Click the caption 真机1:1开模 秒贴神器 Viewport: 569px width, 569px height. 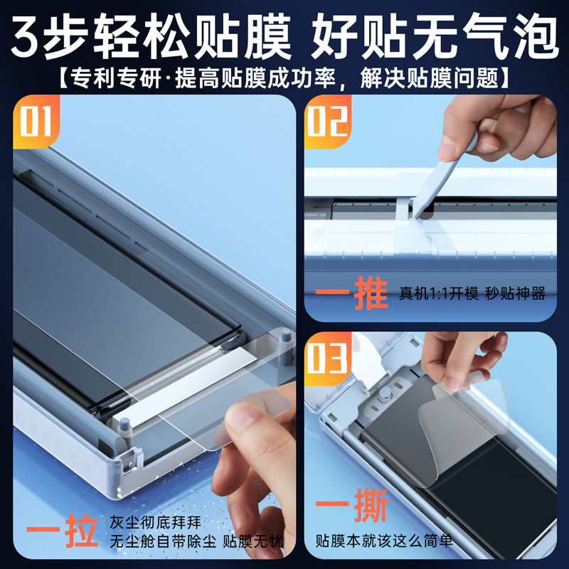[472, 294]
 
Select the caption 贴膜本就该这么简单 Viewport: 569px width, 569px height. [384, 541]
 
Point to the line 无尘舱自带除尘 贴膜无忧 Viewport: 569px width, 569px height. [196, 542]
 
